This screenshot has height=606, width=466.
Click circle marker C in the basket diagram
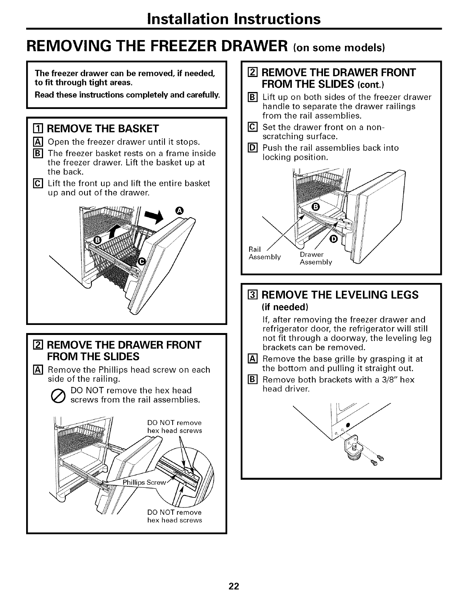point(141,261)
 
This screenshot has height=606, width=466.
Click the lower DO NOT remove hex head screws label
point(175,516)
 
